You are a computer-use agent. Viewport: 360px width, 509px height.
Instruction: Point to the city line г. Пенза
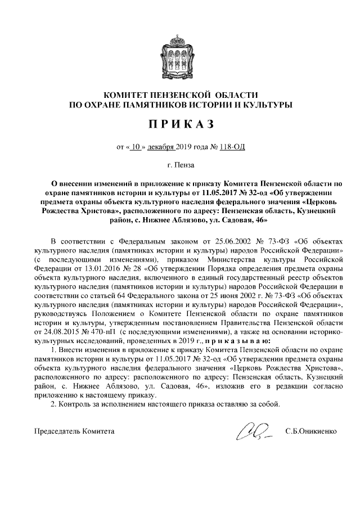click(180, 166)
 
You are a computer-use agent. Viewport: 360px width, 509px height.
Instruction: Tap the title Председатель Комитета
click(74, 432)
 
